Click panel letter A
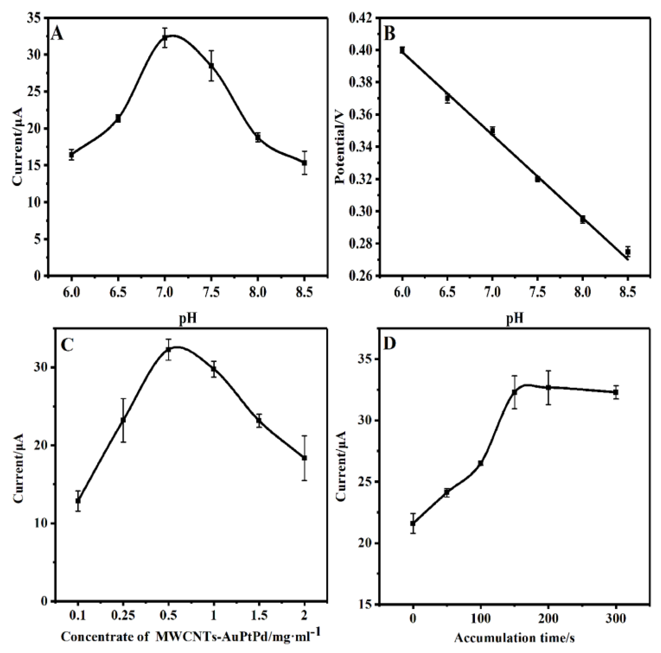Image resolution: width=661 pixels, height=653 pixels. [58, 34]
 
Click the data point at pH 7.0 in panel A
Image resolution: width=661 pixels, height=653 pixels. [165, 38]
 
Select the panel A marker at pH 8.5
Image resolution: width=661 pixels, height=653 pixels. [304, 163]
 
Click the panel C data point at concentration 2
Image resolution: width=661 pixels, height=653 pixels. [304, 458]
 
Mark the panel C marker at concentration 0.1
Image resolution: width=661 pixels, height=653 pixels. [78, 501]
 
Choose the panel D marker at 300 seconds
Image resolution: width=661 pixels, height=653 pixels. [616, 392]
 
